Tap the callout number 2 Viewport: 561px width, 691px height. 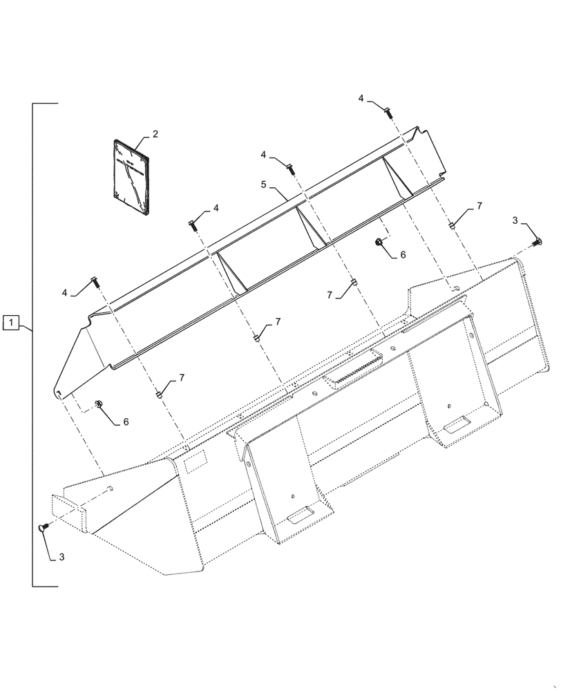(155, 133)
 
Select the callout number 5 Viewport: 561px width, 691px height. (263, 185)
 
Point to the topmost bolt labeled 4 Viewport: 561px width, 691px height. (387, 110)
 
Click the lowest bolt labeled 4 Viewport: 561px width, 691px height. (95, 283)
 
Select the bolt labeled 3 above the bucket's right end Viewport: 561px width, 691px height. (538, 241)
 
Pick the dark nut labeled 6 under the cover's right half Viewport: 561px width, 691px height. (379, 243)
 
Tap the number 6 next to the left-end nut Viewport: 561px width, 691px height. (125, 421)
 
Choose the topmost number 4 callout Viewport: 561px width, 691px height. (361, 100)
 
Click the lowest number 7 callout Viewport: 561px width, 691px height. (182, 378)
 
